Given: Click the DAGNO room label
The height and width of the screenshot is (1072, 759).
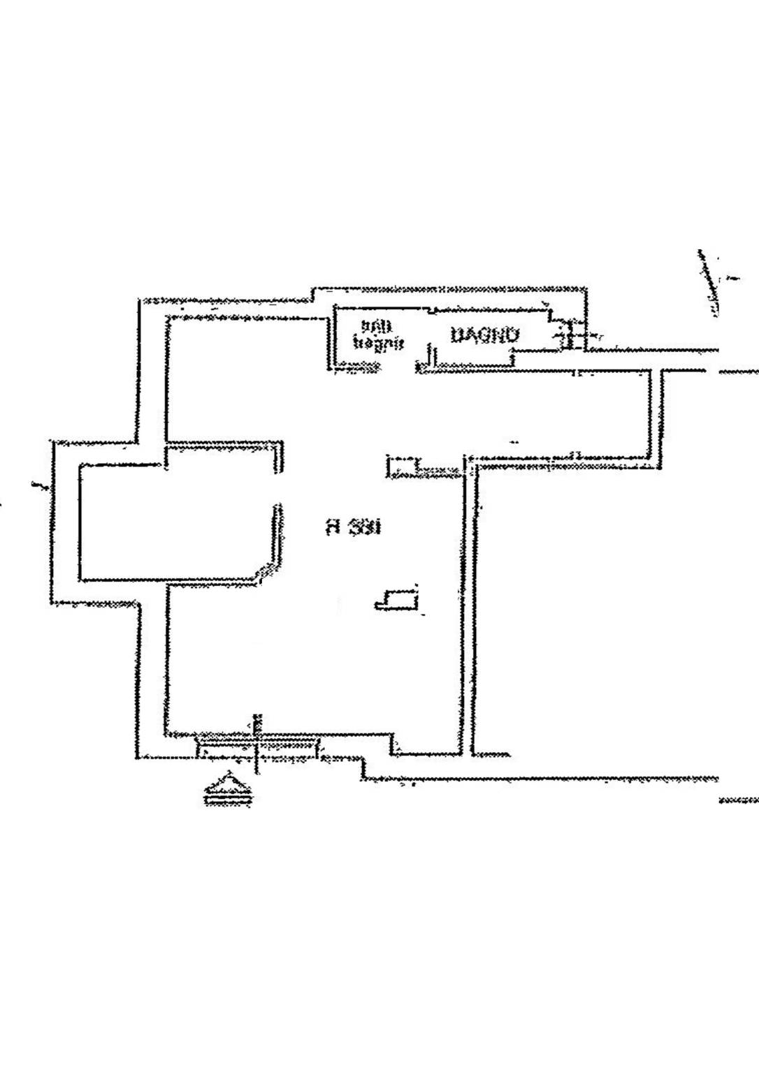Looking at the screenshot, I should pyautogui.click(x=485, y=336).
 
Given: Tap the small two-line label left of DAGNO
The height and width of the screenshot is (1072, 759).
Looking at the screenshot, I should pyautogui.click(x=378, y=335).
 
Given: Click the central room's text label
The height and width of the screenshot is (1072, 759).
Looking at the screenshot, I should pyautogui.click(x=354, y=527).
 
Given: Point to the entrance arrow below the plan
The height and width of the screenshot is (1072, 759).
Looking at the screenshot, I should pyautogui.click(x=227, y=789).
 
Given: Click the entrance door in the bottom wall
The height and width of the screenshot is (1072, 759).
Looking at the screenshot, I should pyautogui.click(x=259, y=746).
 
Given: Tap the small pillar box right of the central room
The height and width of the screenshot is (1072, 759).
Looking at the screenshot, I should pyautogui.click(x=402, y=467).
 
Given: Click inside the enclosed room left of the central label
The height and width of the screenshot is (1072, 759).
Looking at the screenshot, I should pyautogui.click(x=175, y=520).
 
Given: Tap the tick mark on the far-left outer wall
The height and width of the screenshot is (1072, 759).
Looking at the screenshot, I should pyautogui.click(x=38, y=484).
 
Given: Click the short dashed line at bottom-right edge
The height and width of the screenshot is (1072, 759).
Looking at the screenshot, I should pyautogui.click(x=739, y=799).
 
